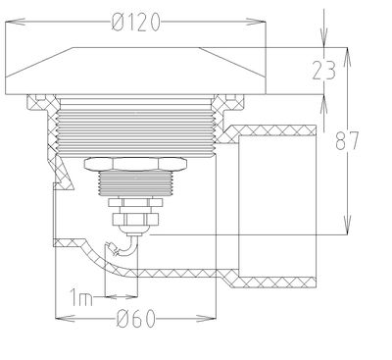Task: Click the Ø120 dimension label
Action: pos(136,23)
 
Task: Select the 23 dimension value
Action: pos(323,71)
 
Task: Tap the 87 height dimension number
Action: pos(347,140)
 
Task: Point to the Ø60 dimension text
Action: pos(135,319)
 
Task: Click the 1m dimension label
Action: pos(81,297)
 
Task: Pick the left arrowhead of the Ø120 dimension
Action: pos(16,22)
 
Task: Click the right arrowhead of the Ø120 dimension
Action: pos(256,22)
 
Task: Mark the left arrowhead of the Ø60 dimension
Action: pos(65,318)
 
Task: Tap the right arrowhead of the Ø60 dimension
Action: pos(207,318)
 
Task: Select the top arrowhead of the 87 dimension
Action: pos(347,57)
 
